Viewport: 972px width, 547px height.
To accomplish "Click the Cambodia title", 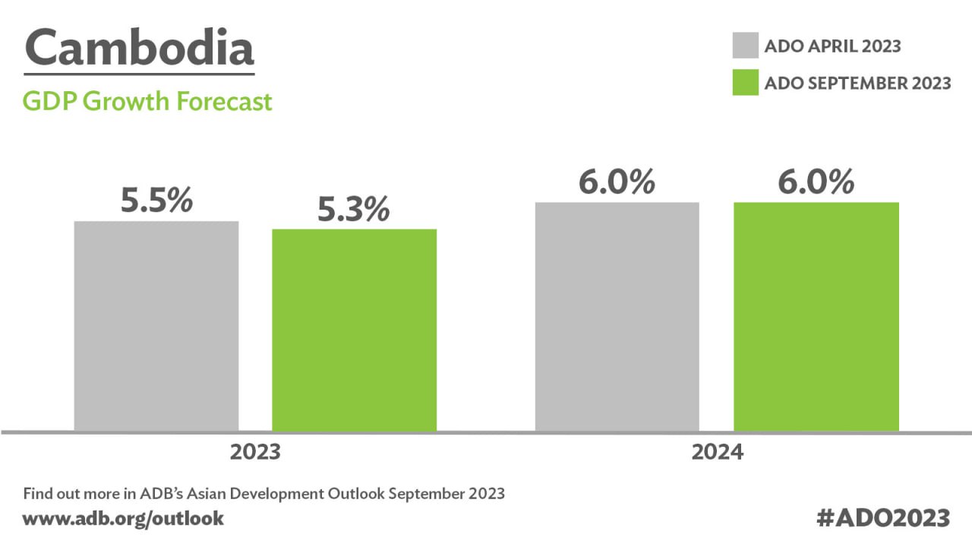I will [x=139, y=48].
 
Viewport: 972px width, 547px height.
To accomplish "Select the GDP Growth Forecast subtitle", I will [x=147, y=101].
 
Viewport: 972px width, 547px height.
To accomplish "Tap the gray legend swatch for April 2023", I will [x=745, y=46].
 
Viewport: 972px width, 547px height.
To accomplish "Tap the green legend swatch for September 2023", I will [x=745, y=83].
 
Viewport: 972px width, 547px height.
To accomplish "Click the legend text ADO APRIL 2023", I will [x=832, y=46].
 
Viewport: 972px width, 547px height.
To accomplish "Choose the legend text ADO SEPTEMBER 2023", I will [x=857, y=83].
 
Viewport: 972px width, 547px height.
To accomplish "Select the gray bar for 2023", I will [x=156, y=326].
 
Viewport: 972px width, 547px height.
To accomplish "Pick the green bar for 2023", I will [x=355, y=330].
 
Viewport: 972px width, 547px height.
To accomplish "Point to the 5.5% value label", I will [x=156, y=201].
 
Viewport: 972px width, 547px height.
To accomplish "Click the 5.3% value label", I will [x=353, y=210].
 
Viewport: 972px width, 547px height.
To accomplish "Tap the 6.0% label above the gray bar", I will [x=617, y=182].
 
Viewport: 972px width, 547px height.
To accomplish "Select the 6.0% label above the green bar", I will [x=816, y=182].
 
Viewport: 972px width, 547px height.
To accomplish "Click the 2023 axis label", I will [x=255, y=453].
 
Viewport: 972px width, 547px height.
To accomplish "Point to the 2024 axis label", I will [x=717, y=453].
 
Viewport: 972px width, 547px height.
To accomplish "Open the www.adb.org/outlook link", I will [x=124, y=519].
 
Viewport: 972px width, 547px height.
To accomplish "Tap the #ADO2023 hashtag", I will [x=883, y=518].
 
